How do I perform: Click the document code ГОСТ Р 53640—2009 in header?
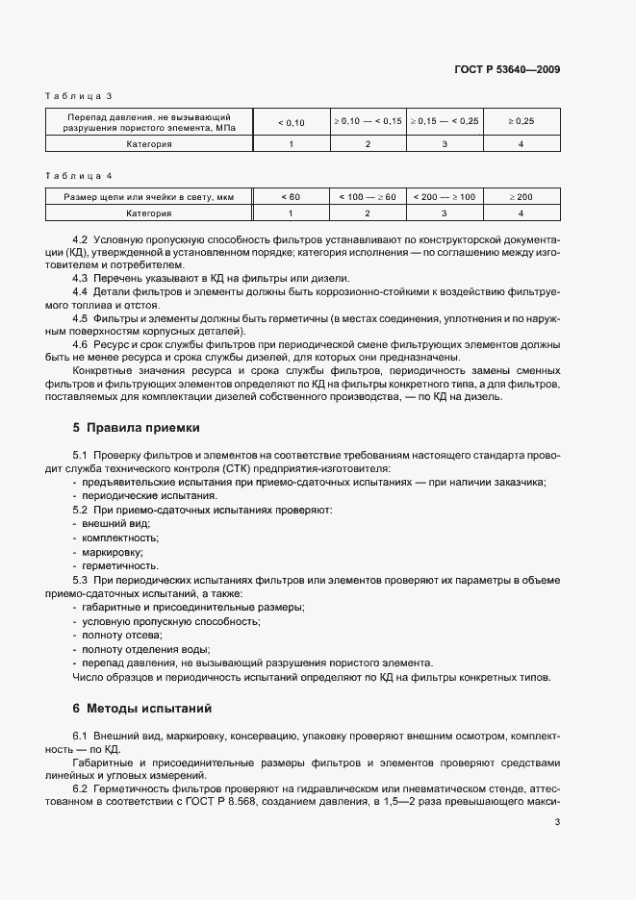507,69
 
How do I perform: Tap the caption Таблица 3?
80,96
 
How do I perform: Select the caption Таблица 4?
80,177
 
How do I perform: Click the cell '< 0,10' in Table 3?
291,122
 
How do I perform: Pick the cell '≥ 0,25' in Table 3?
521,122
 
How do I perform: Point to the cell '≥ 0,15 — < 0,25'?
444,122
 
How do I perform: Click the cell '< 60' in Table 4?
291,197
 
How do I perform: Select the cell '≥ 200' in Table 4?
521,197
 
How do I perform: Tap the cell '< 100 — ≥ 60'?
368,197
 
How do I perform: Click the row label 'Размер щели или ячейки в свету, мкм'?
149,197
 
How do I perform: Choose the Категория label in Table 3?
149,144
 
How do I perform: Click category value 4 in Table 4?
521,212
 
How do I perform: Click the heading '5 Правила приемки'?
136,426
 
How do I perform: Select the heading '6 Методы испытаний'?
142,709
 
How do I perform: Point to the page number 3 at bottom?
557,822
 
